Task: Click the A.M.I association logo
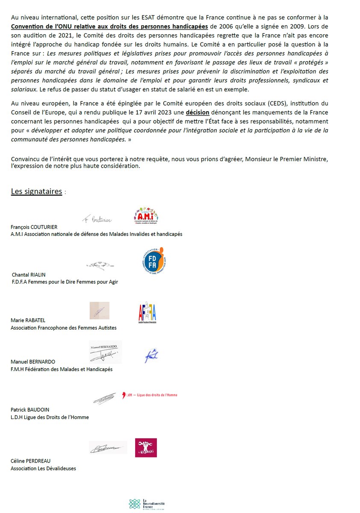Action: pos(146,216)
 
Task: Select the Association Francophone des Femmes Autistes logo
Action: pos(147,314)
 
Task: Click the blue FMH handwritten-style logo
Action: pos(151,356)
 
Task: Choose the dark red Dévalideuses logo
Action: pos(146,448)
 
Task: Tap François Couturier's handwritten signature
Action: pos(97,220)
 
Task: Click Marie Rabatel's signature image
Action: pos(99,310)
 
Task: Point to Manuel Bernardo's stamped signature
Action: pos(105,352)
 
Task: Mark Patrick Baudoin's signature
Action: pos(104,398)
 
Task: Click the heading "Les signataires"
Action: pos(36,191)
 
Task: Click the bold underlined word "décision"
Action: pos(198,112)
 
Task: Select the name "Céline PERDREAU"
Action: pos(30,461)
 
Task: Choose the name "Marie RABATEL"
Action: pos(27,320)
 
